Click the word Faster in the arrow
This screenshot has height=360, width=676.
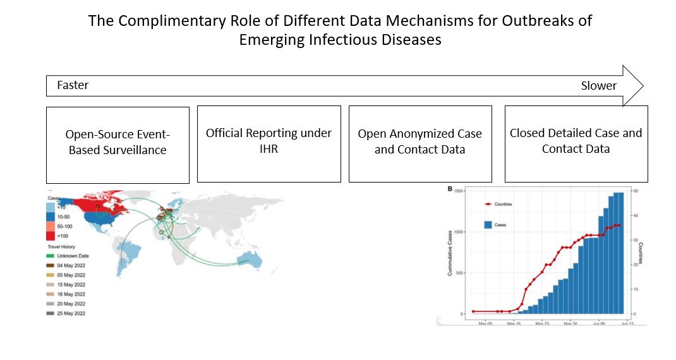pyautogui.click(x=73, y=85)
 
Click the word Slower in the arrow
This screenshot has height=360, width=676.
pyautogui.click(x=598, y=86)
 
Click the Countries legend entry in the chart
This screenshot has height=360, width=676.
pyautogui.click(x=503, y=204)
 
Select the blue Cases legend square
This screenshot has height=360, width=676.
pyautogui.click(x=488, y=224)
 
